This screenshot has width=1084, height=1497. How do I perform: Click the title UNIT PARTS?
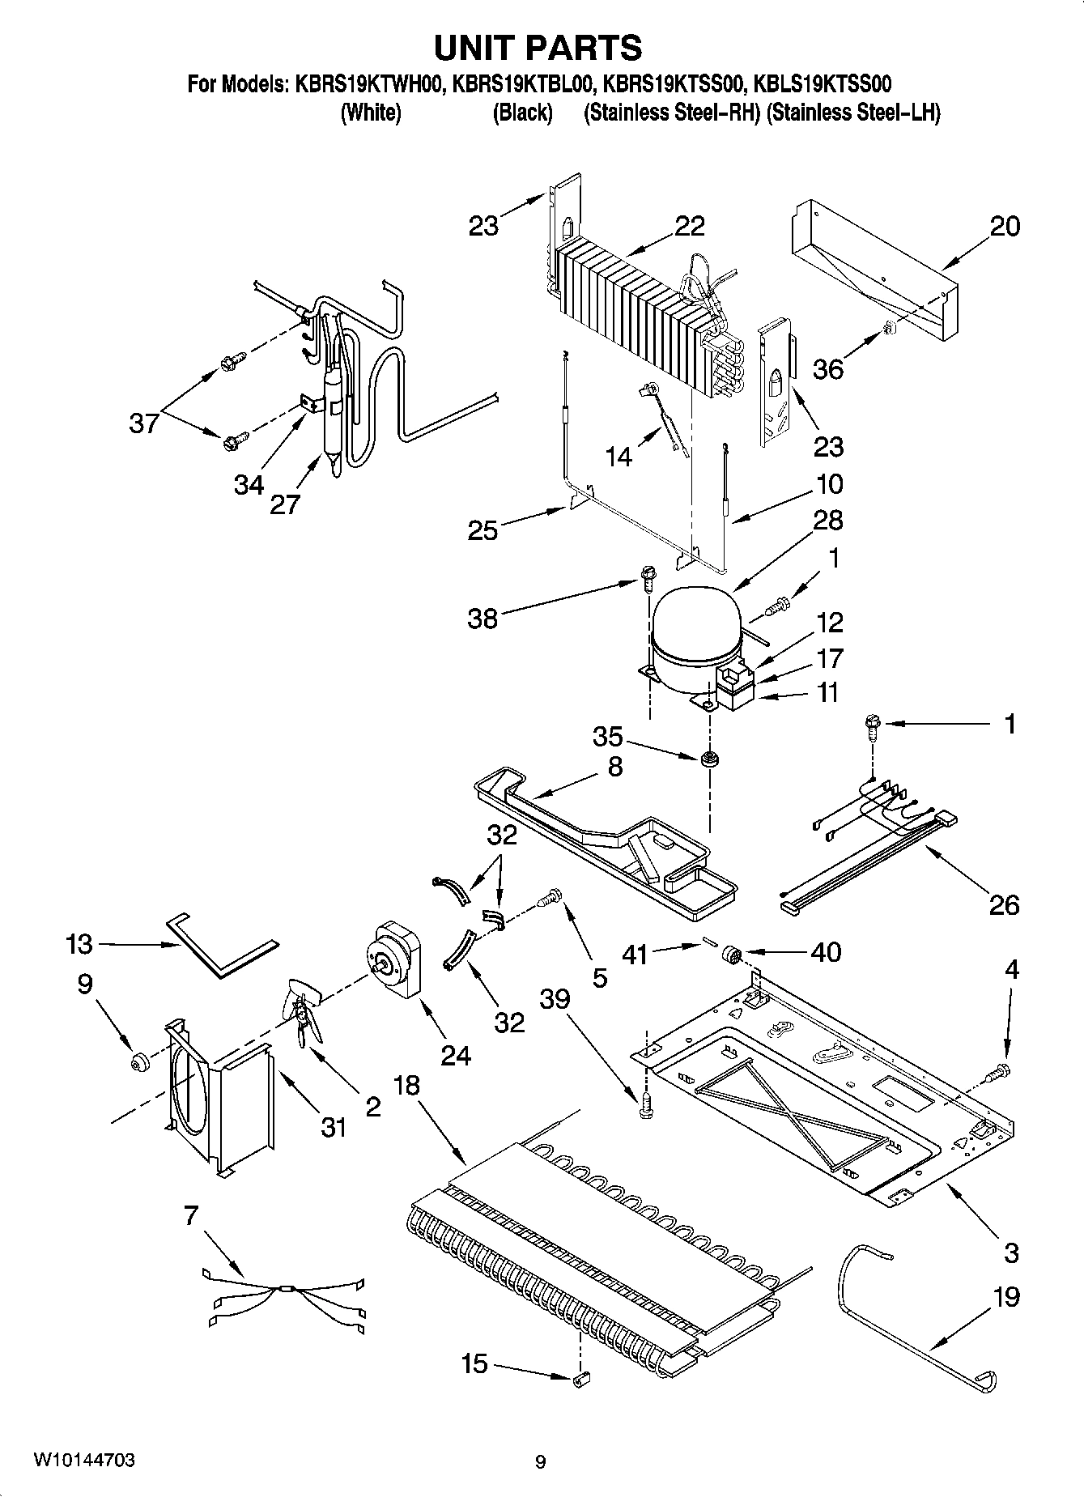point(538,48)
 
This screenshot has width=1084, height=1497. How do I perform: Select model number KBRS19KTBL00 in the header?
point(524,84)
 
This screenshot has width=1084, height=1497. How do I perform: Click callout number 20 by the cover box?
point(1005,227)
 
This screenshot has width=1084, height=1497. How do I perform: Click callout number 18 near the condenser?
point(407,1086)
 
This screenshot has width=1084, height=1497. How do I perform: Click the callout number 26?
point(1004,904)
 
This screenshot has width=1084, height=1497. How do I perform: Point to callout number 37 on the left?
point(144,423)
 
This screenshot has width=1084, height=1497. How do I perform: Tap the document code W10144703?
point(83,1461)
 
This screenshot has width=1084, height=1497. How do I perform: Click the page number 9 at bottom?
point(541,1462)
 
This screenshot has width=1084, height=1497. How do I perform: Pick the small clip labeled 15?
point(580,1378)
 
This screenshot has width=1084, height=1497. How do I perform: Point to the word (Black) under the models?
point(523,113)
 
